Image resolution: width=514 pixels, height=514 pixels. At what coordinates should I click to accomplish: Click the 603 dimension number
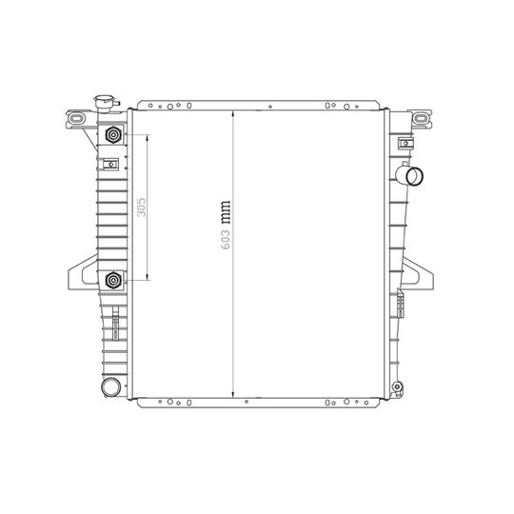click(x=226, y=234)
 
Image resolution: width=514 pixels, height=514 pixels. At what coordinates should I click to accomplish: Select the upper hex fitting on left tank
click(x=114, y=135)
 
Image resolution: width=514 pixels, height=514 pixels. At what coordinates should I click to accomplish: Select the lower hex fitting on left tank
click(x=114, y=281)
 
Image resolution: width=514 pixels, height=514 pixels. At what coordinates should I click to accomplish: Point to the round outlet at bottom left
click(x=109, y=386)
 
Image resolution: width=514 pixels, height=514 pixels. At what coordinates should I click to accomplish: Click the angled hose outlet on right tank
click(x=412, y=175)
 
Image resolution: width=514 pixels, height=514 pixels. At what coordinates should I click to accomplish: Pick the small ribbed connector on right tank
click(x=401, y=305)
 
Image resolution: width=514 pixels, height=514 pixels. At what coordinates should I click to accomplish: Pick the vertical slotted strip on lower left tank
click(x=112, y=326)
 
